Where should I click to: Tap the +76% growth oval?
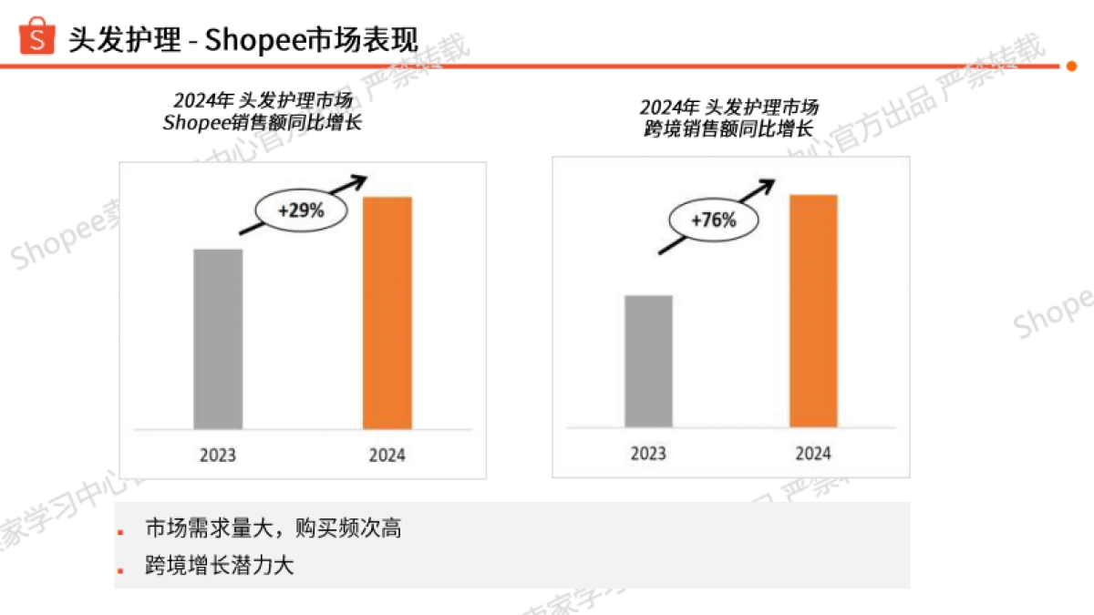pyautogui.click(x=713, y=220)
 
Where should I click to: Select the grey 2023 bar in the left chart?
pyautogui.click(x=218, y=338)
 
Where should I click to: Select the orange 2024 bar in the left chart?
pyautogui.click(x=387, y=313)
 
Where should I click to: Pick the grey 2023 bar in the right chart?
pyautogui.click(x=648, y=361)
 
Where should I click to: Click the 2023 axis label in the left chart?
pyautogui.click(x=218, y=456)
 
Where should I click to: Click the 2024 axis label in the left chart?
pyautogui.click(x=387, y=456)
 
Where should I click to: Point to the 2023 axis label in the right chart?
pyautogui.click(x=648, y=453)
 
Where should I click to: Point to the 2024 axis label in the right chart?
pyautogui.click(x=813, y=453)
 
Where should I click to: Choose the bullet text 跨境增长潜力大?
pyautogui.click(x=220, y=566)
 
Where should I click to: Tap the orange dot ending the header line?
pyautogui.click(x=1071, y=66)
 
